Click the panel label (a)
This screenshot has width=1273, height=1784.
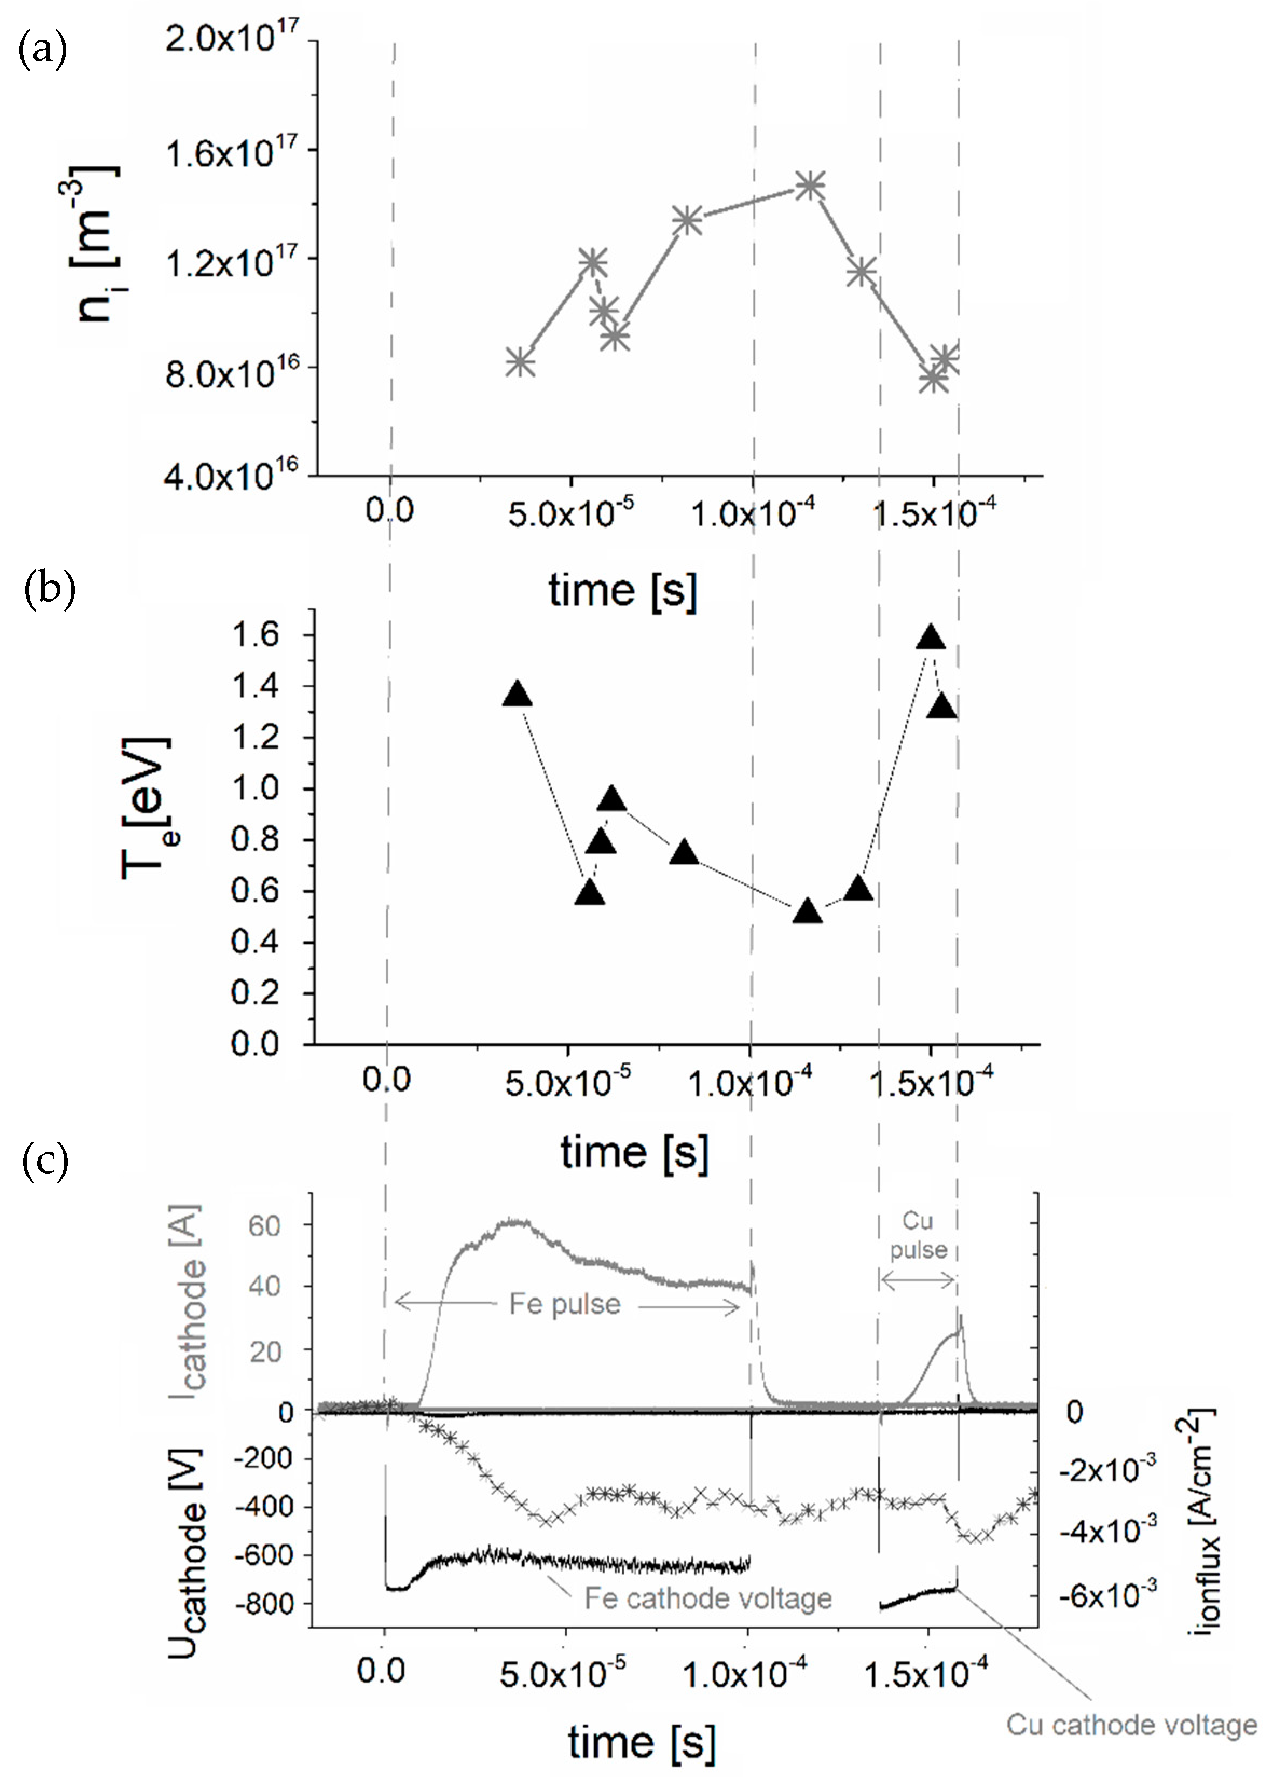43,50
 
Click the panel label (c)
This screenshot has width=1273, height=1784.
45,1160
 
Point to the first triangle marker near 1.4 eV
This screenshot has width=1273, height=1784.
517,695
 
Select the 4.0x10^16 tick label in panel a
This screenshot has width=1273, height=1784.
231,475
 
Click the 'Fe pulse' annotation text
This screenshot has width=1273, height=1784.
565,1303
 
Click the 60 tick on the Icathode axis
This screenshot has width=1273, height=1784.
265,1226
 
